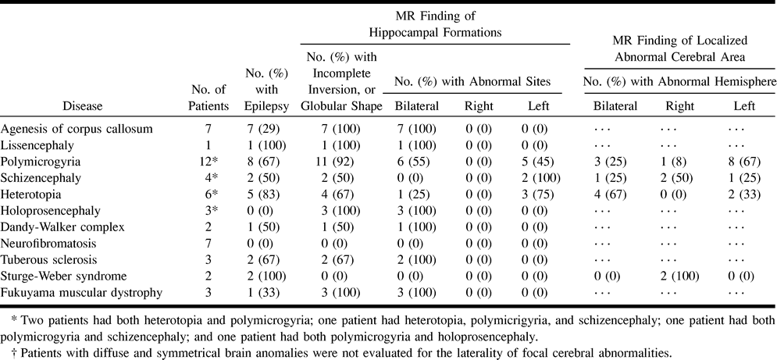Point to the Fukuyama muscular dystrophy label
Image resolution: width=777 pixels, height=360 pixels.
[x=81, y=293]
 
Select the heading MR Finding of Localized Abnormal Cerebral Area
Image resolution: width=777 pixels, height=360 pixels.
[x=680, y=48]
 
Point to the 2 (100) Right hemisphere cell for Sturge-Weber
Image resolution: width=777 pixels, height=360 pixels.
[x=680, y=276]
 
